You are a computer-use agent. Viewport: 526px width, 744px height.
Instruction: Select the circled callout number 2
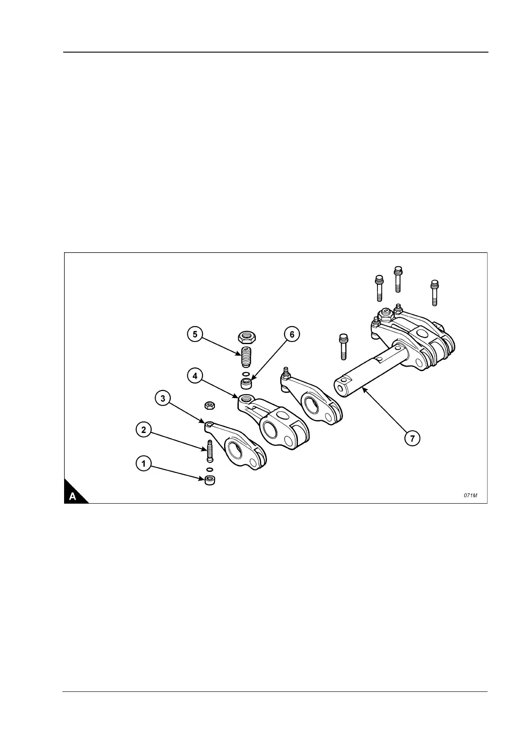tap(143, 429)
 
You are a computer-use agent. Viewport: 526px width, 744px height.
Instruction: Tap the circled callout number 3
tap(163, 399)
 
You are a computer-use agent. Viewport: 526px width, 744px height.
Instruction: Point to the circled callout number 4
tap(194, 376)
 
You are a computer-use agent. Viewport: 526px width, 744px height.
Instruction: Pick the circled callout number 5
tap(195, 334)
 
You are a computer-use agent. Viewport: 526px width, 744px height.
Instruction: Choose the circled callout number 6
tap(292, 334)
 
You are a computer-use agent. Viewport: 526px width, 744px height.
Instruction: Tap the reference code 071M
tap(470, 495)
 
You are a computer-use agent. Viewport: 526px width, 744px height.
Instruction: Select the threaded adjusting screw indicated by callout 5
tap(246, 356)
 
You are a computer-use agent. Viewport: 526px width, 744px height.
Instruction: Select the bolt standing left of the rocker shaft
tap(343, 346)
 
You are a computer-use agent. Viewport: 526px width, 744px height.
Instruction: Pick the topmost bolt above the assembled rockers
tap(397, 278)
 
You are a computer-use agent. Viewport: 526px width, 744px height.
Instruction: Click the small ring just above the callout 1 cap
tap(210, 469)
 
